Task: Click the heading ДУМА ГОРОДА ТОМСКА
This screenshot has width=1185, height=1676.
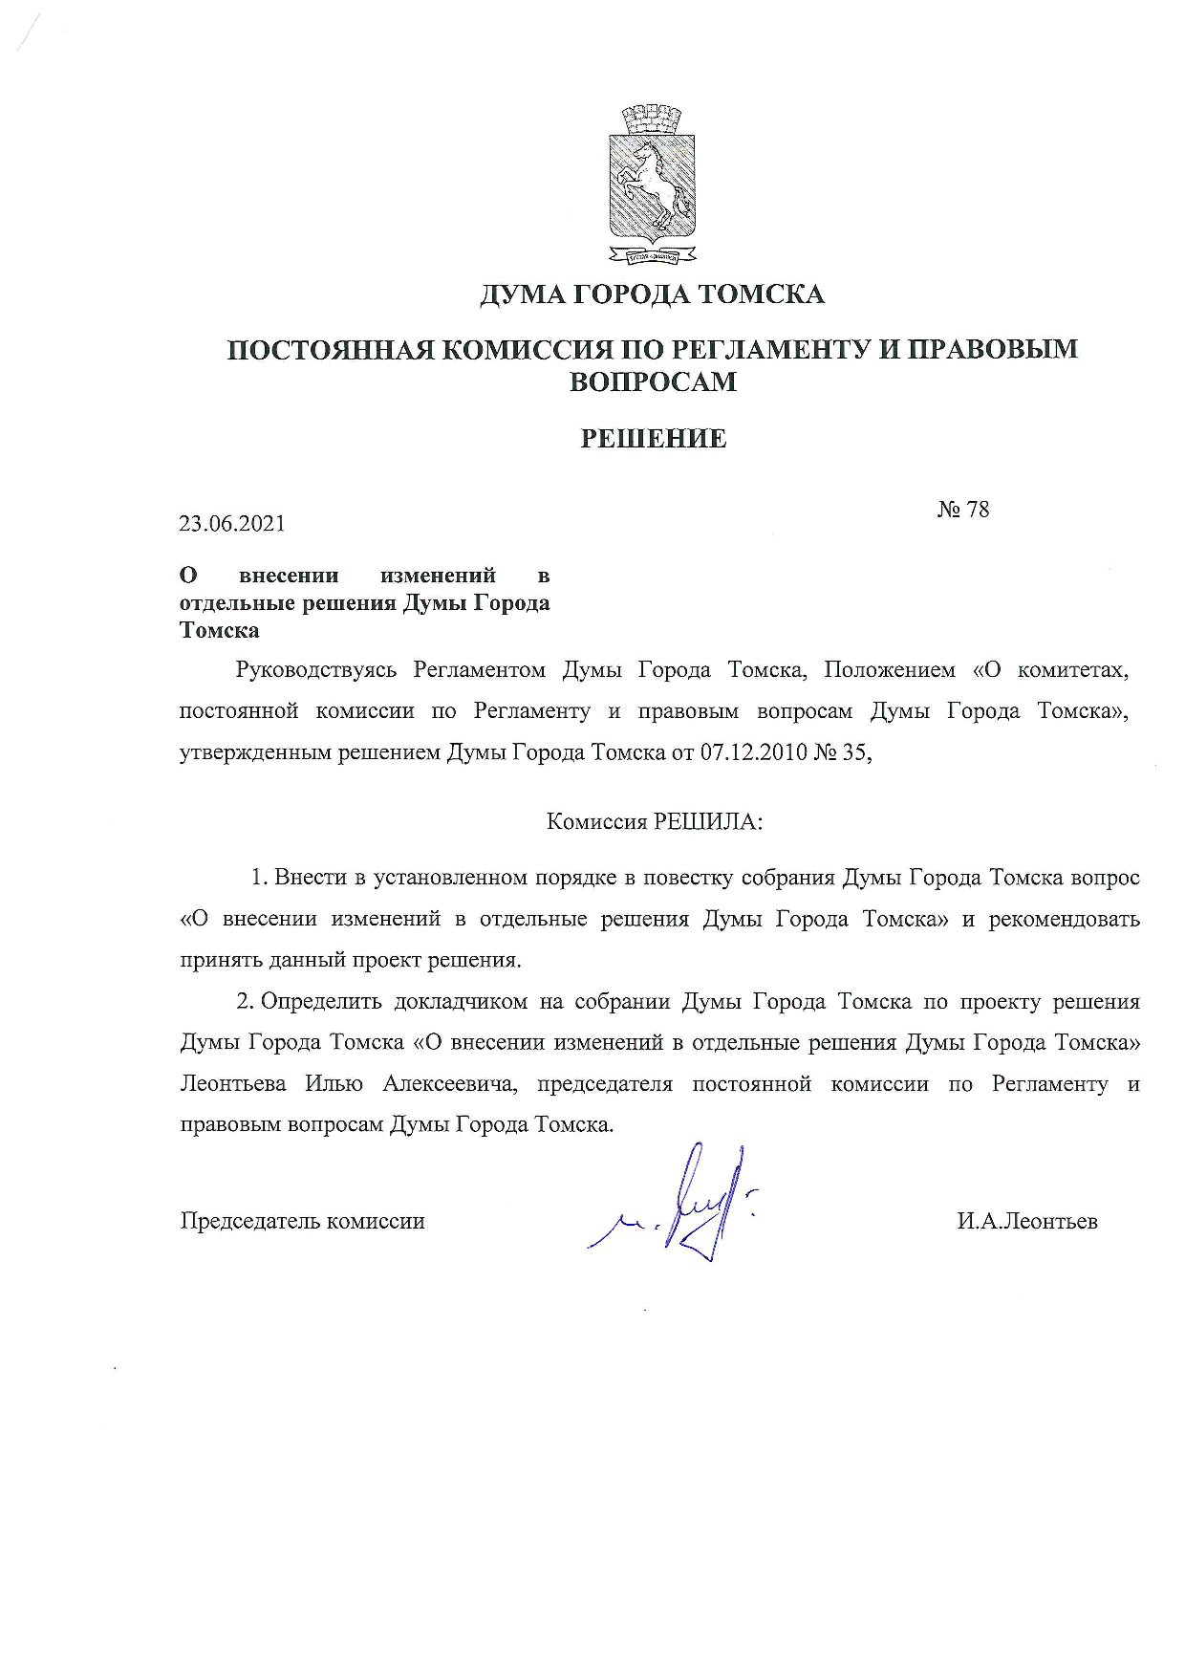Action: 652,294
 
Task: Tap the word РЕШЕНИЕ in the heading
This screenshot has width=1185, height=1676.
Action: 654,439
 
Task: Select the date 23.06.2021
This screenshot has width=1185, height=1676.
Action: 232,524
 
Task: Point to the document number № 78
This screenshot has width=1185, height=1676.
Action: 962,509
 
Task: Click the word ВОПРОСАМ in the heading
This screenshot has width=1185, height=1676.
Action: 654,381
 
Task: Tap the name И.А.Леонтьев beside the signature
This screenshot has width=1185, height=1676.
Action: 1027,1221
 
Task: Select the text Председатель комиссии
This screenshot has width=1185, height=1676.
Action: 303,1221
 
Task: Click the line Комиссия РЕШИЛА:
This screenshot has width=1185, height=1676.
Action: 655,821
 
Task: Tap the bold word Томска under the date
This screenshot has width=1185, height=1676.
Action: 220,631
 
